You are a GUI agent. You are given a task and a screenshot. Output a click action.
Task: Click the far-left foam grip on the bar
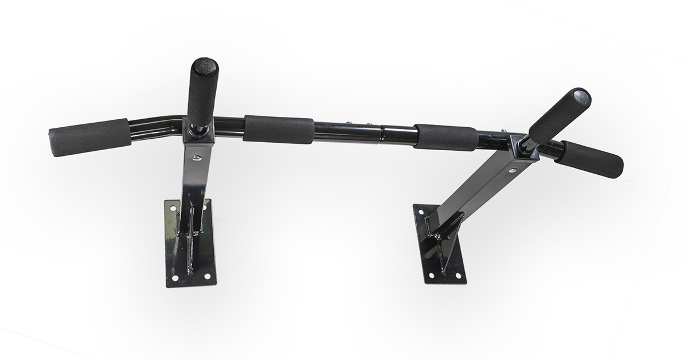pyautogui.click(x=89, y=138)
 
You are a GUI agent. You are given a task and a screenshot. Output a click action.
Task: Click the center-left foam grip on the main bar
pyautogui.click(x=278, y=129)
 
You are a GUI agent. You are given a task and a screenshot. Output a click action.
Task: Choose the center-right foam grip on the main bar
pyautogui.click(x=445, y=138)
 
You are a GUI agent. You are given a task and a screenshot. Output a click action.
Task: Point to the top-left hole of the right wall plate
pyautogui.click(x=420, y=212)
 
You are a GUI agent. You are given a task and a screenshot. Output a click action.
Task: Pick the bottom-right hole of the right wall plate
pyautogui.click(x=458, y=275)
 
